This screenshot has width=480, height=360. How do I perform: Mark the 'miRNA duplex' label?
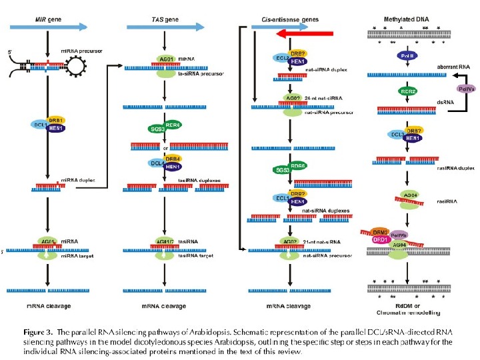pos(54,181)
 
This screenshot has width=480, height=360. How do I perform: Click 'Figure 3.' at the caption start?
pos(39,331)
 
